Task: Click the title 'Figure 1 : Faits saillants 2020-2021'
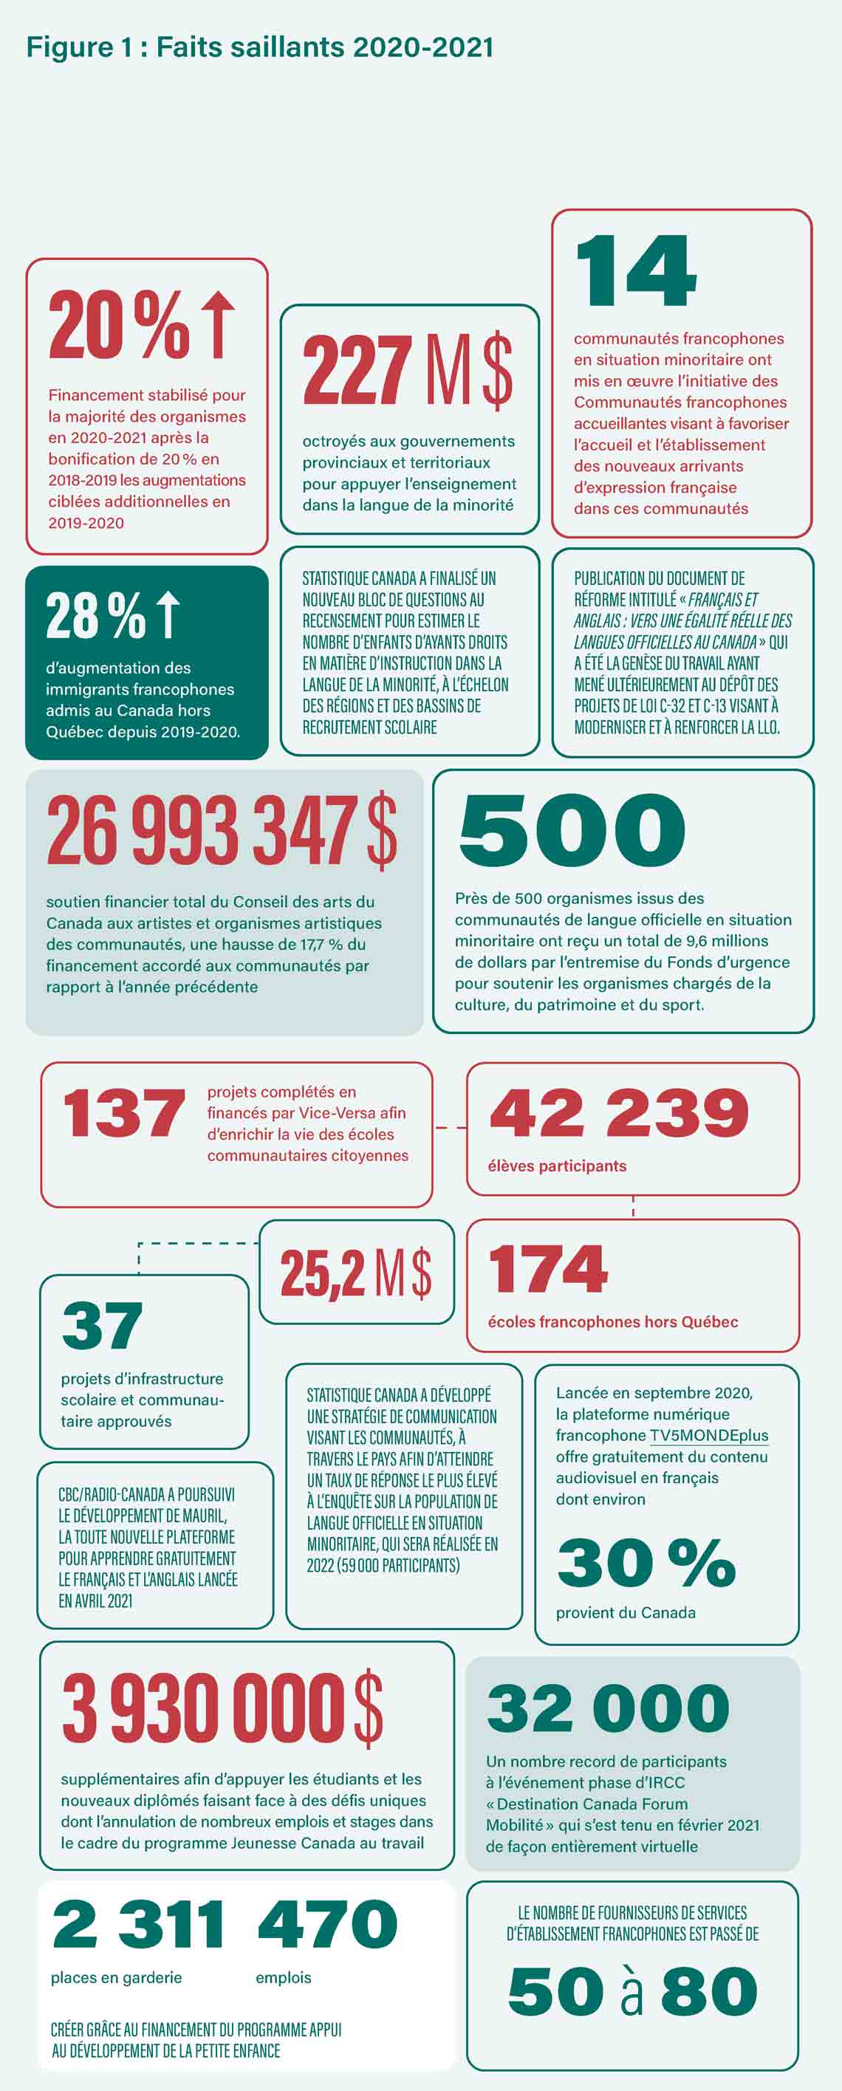260,47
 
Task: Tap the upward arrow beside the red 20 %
218,325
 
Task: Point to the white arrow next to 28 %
168,615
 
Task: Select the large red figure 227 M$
407,371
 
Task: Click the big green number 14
636,271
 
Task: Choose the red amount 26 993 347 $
222,830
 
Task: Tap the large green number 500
572,829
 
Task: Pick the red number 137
124,1114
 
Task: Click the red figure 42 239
619,1113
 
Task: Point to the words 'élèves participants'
557,1166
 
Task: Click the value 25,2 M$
356,1272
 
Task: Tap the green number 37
103,1326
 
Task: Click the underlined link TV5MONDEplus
709,1435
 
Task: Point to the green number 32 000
608,1708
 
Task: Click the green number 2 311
138,1924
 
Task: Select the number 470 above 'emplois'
327,1924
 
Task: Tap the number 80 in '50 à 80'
709,1991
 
